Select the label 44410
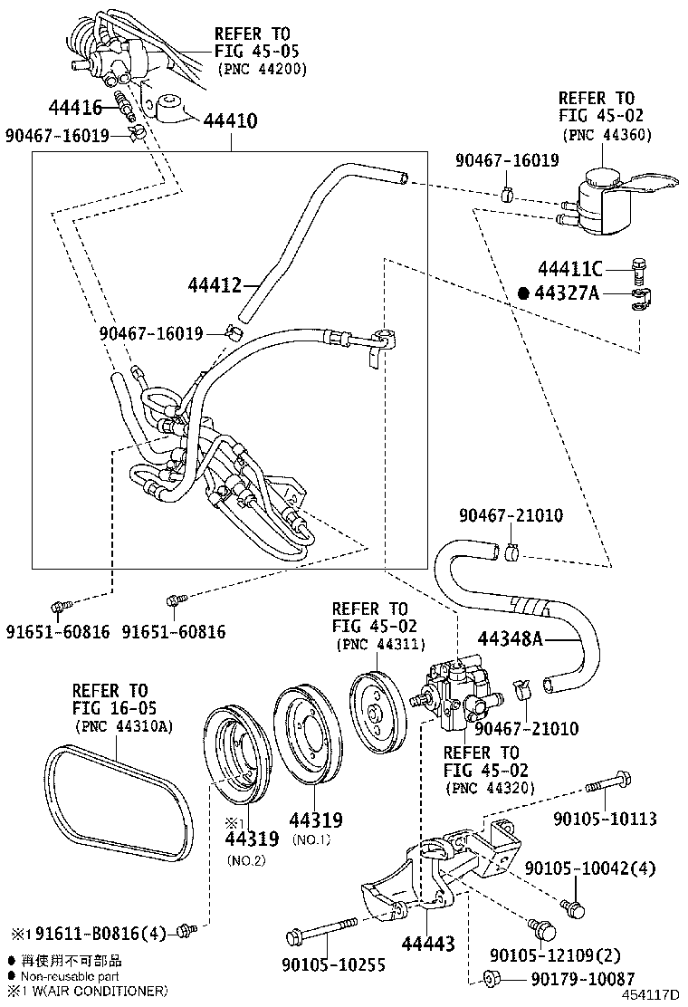[x=230, y=121]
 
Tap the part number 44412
[x=215, y=286]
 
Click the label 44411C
[x=569, y=269]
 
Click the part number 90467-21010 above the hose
[x=511, y=515]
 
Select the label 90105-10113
[x=605, y=820]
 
